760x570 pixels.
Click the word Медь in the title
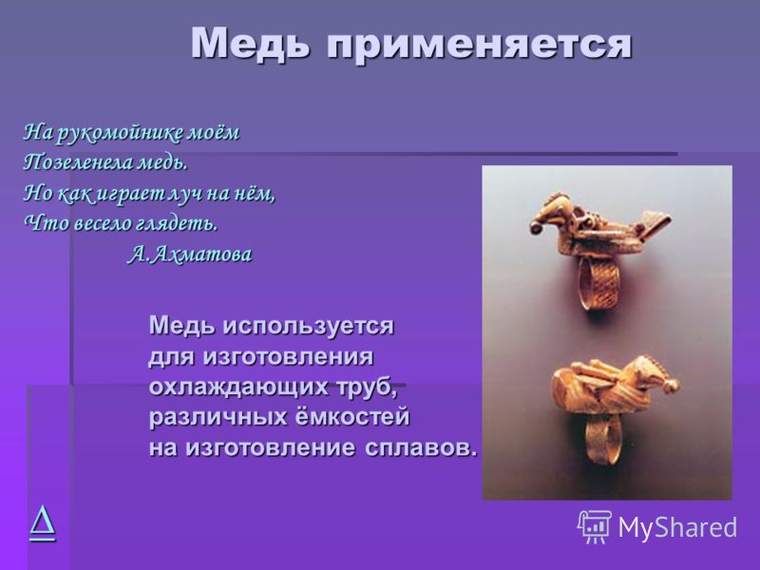click(x=250, y=44)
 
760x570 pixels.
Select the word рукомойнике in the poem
click(x=120, y=133)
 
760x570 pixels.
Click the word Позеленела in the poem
click(x=79, y=162)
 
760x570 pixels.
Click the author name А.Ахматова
click(x=190, y=254)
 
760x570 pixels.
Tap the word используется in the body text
click(x=308, y=326)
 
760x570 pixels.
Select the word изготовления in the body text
click(x=288, y=357)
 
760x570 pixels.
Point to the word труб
click(x=365, y=388)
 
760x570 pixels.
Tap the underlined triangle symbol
click(x=42, y=523)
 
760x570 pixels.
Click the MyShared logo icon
click(x=595, y=527)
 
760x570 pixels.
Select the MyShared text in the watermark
click(x=677, y=527)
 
